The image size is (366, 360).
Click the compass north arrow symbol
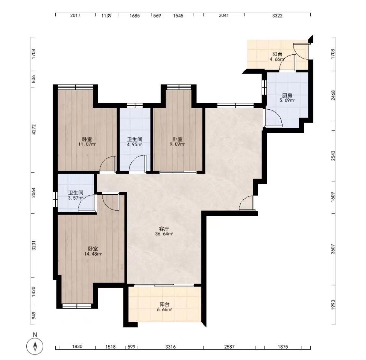point(35,346)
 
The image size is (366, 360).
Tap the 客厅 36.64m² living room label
point(164,231)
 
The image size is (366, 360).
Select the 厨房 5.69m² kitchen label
point(287,98)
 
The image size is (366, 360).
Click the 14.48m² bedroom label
point(93,251)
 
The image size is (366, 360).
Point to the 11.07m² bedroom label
point(87,141)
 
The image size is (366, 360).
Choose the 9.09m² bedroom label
point(177,141)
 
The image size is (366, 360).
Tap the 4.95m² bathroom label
point(134,142)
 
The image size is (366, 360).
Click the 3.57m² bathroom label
point(75,195)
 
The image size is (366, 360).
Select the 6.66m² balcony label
point(165,307)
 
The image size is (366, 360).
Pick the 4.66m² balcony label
point(277,57)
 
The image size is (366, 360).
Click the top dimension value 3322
point(277,16)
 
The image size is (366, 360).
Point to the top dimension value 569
point(157,16)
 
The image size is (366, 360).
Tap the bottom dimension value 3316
point(170,347)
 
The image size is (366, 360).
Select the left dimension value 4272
point(34,129)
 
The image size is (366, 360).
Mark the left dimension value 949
point(34,315)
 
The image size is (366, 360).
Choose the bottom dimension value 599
point(131,347)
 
